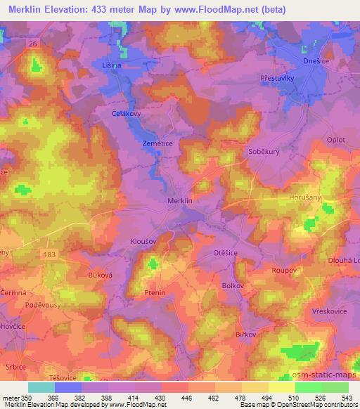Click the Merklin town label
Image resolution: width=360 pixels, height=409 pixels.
181,201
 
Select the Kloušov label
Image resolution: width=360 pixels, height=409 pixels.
144,240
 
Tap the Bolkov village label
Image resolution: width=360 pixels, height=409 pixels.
232,286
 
